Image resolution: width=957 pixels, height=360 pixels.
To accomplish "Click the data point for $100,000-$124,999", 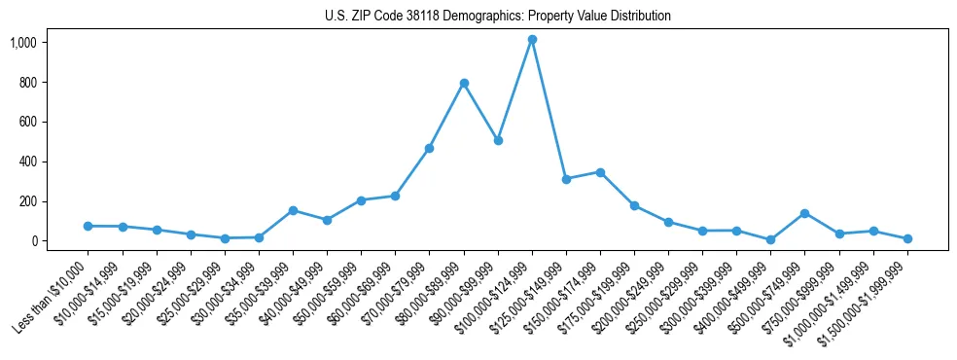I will click(532, 40).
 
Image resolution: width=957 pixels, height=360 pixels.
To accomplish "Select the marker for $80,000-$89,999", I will click(464, 83).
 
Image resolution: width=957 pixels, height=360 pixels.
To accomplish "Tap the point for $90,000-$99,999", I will click(498, 140).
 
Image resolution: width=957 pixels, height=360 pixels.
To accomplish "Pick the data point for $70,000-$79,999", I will click(430, 148).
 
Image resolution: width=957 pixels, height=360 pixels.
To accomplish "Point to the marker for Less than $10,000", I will click(89, 226).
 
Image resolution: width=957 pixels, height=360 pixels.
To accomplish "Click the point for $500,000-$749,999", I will click(805, 213).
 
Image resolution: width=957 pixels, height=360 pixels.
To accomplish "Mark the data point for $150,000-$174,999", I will click(600, 172).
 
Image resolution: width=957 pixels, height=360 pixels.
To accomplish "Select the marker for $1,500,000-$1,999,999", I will click(907, 238).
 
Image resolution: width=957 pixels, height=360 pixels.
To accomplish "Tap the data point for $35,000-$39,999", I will click(293, 210).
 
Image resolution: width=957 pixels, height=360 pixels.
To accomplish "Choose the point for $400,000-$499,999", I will click(771, 239).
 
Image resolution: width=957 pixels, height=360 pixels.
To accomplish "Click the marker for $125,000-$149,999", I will click(566, 179).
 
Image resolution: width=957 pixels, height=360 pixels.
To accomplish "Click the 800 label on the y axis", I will click(27, 83).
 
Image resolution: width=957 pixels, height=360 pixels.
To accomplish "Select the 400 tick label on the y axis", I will click(27, 162).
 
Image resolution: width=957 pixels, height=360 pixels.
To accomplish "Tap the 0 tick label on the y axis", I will click(33, 241).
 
